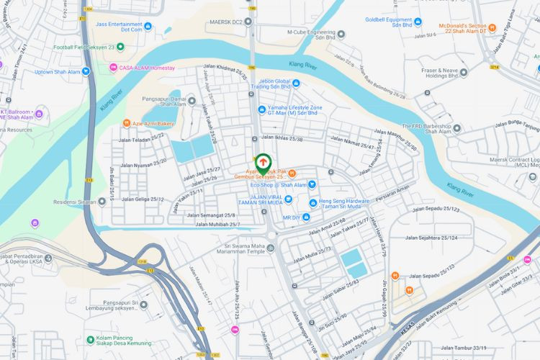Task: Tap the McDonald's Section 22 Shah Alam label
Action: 467,27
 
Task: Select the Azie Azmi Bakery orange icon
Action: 127,123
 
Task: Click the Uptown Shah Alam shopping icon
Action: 86,71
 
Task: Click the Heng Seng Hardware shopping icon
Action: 312,202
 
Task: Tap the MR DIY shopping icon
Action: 307,217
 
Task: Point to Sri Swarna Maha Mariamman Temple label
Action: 246,248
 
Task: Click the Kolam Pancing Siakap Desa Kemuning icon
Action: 89,338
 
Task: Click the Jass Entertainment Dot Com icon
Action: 148,27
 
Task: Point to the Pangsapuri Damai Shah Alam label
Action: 163,100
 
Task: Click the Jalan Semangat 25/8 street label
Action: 210,215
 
